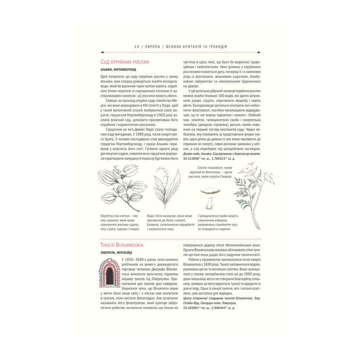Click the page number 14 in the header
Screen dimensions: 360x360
pyautogui.click(x=136, y=46)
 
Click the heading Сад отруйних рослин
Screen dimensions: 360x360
pyautogui.click(x=125, y=62)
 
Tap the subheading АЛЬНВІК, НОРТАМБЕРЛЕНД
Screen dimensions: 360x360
pyautogui.click(x=118, y=70)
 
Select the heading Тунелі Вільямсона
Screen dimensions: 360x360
pyautogui.click(x=122, y=245)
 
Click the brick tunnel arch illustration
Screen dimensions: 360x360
pyautogui.click(x=109, y=273)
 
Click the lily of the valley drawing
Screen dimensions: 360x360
pyautogui.click(x=167, y=188)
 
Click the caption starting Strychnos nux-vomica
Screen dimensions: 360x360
pyautogui.click(x=120, y=222)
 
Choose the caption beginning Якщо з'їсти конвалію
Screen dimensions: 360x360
pyautogui.click(x=170, y=222)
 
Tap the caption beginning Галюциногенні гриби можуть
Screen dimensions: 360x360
pyautogui.click(x=218, y=222)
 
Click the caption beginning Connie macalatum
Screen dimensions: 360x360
pyautogui.click(x=215, y=172)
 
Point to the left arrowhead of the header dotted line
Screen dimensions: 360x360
pyautogui.click(x=102, y=53)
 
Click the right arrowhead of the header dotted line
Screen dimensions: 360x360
pyautogui.click(x=259, y=53)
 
